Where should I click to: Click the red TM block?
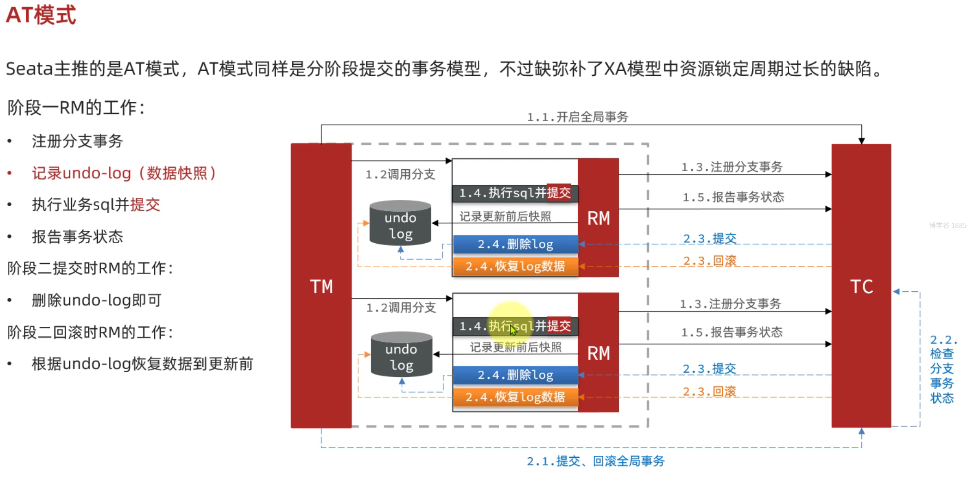(321, 286)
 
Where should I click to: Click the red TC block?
(861, 286)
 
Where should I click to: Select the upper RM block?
(598, 218)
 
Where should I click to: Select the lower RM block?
(598, 353)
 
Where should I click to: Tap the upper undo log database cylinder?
(400, 223)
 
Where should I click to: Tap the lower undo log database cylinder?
(401, 355)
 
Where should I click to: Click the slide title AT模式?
(41, 15)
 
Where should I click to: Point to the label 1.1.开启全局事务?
(578, 117)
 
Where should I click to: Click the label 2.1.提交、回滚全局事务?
(596, 461)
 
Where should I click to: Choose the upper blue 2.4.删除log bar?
(515, 244)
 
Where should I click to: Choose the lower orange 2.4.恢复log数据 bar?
(515, 397)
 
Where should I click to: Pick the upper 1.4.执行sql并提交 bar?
(515, 193)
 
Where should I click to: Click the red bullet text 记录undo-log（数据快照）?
(124, 173)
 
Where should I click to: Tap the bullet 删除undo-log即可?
(97, 301)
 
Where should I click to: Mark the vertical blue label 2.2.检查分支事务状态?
(942, 368)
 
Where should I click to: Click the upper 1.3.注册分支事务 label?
(732, 167)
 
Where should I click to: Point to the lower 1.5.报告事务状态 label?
(732, 332)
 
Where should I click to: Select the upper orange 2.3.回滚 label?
(710, 261)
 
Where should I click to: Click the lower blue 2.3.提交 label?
(709, 369)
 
